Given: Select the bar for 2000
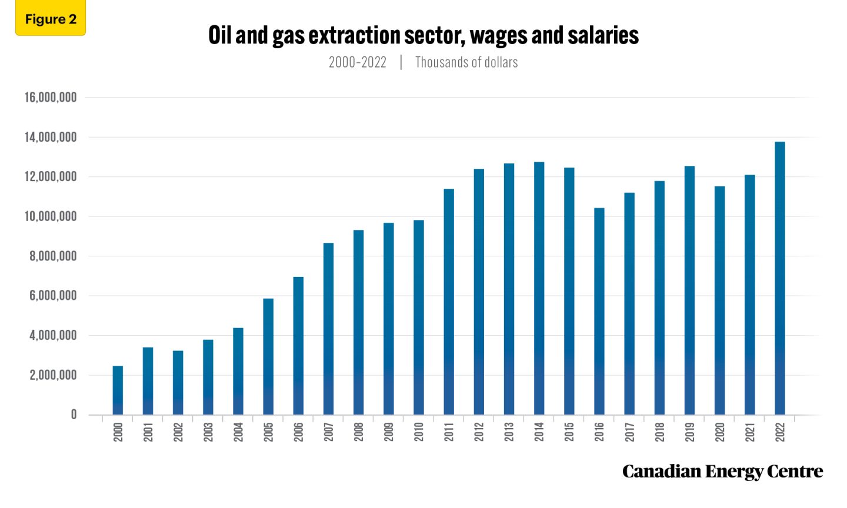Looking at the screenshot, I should (x=118, y=390).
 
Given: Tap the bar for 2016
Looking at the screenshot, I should (x=599, y=312).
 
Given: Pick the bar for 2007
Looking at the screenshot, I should (x=328, y=329).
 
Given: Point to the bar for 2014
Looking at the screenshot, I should (x=539, y=288).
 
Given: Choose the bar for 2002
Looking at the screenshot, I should (x=178, y=383).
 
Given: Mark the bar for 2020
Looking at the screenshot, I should (x=719, y=300).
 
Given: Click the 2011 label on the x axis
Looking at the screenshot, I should (x=449, y=432).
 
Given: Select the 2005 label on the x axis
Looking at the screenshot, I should (x=268, y=432).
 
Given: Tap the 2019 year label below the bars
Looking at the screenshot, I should (x=689, y=432).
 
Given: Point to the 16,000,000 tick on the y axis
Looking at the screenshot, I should (x=51, y=98).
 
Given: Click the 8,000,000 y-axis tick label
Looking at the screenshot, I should (x=53, y=256).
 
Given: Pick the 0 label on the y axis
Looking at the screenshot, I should (x=74, y=415).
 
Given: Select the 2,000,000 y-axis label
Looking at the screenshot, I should (x=53, y=375).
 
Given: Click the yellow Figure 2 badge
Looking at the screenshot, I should (x=51, y=19).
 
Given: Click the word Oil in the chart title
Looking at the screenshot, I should (x=220, y=35).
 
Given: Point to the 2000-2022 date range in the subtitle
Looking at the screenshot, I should (x=358, y=62).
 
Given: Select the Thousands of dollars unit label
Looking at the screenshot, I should (x=466, y=62).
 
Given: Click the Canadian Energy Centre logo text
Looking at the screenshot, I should (x=722, y=472).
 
